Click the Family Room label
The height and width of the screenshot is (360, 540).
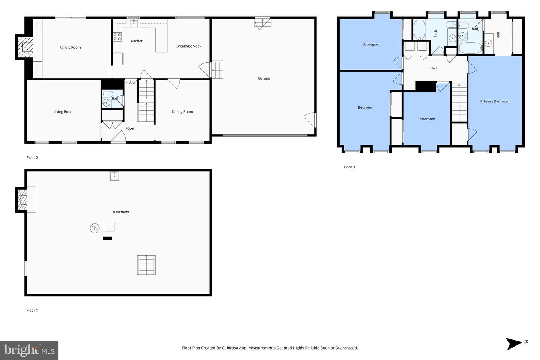click(x=70, y=48)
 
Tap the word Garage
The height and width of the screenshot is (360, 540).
click(x=264, y=78)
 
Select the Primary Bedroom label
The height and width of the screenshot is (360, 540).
click(x=495, y=101)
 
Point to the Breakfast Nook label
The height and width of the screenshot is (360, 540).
click(x=189, y=46)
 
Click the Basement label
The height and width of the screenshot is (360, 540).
click(x=121, y=212)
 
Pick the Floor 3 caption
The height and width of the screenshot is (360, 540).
click(x=349, y=167)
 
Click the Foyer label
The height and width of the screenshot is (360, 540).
click(x=130, y=129)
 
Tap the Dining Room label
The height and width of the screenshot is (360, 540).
click(x=182, y=112)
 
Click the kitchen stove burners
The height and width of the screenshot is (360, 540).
click(x=117, y=37)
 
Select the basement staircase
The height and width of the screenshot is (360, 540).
click(x=146, y=265)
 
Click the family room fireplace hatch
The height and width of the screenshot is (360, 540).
click(x=25, y=47)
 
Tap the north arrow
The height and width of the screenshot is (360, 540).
click(x=514, y=344)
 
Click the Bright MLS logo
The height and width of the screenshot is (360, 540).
click(x=29, y=350)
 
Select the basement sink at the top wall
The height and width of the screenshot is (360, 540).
click(x=114, y=176)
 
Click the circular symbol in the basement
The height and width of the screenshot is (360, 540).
click(x=95, y=228)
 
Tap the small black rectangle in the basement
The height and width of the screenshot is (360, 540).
click(x=107, y=238)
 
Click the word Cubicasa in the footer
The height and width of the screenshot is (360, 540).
click(x=231, y=348)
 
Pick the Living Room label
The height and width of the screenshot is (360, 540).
click(x=64, y=112)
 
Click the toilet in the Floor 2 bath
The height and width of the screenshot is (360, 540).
click(x=108, y=94)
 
